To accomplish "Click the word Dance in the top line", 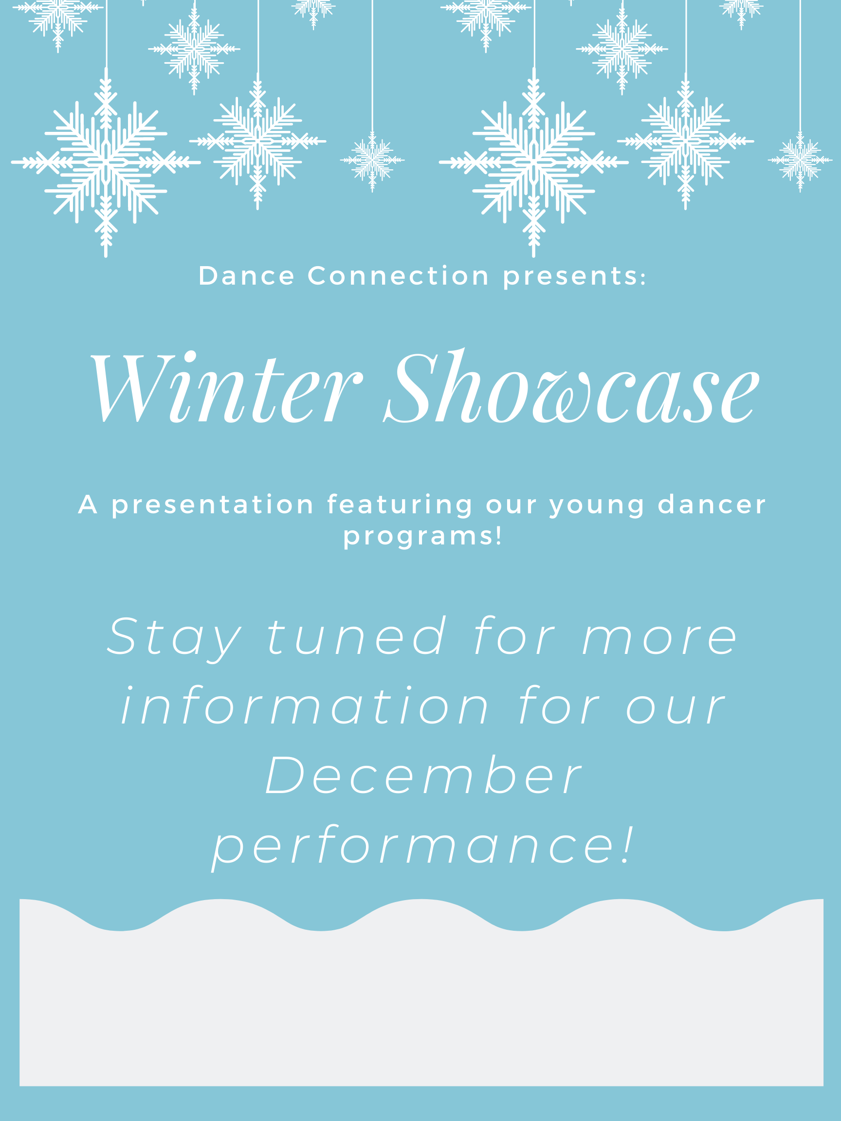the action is (x=246, y=276).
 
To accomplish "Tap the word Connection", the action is (x=399, y=276).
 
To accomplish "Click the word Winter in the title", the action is (x=226, y=387).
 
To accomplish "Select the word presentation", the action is (x=213, y=505).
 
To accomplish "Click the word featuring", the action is (x=400, y=505).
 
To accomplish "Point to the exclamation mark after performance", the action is (x=629, y=844).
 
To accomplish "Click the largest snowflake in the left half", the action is (x=106, y=162).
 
